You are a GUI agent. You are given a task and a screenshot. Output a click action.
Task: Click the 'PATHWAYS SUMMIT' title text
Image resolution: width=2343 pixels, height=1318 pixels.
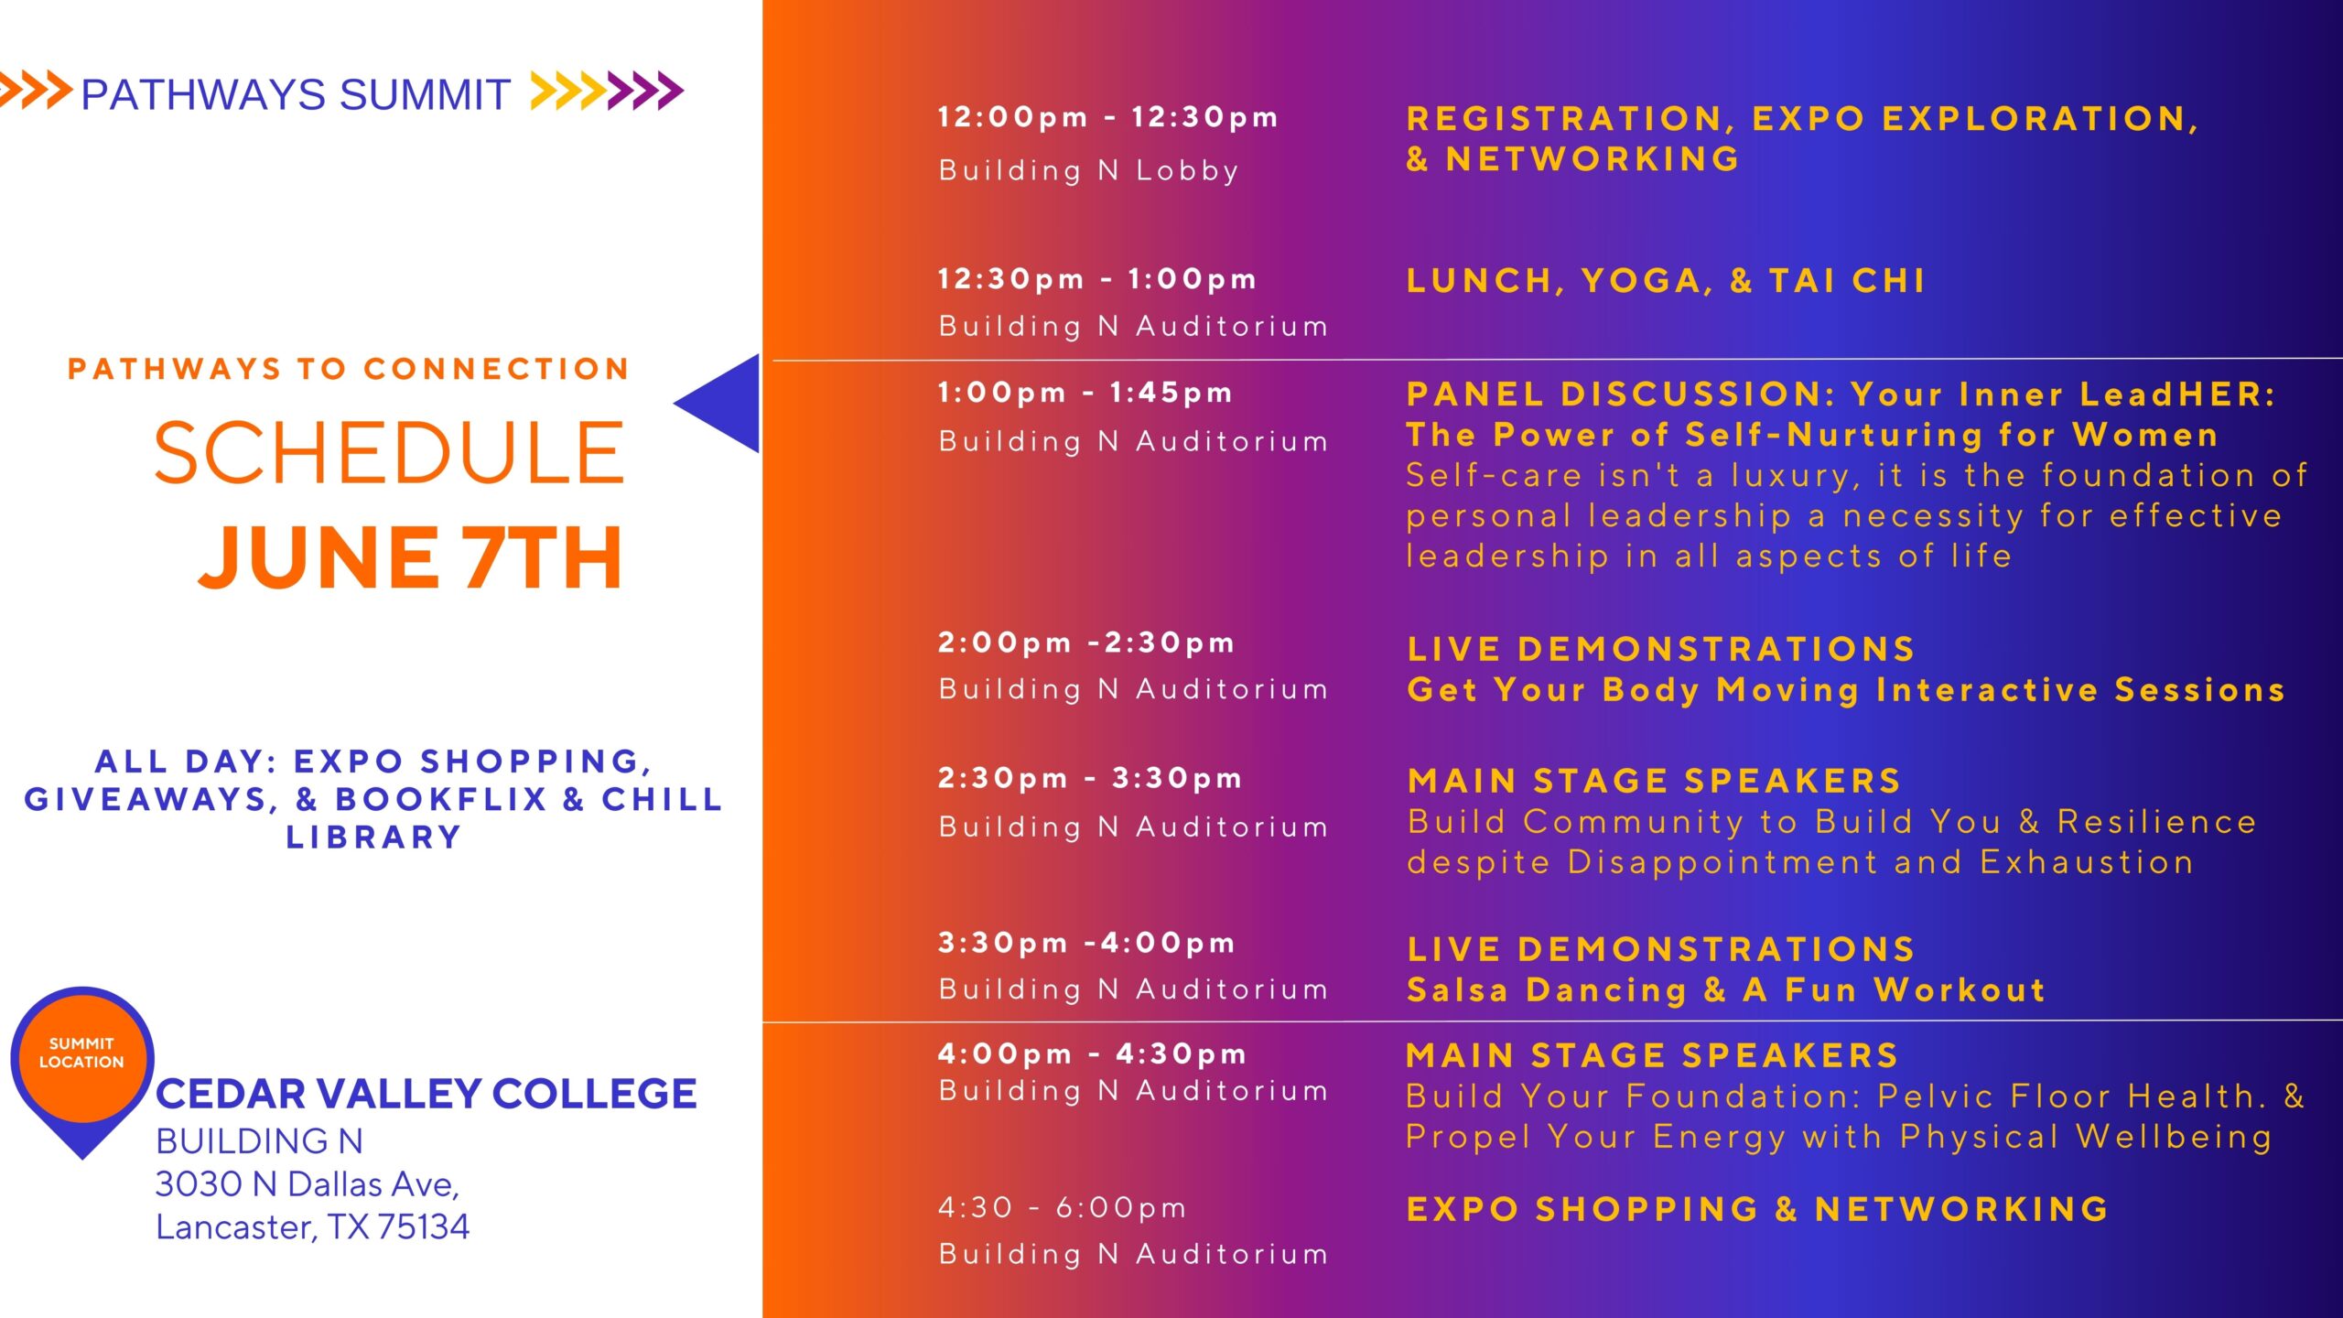[x=295, y=94]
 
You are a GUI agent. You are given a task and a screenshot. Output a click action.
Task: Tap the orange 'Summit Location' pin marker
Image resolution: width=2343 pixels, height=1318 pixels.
[x=82, y=1066]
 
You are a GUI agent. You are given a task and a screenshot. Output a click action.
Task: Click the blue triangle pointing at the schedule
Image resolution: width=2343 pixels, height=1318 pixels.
[x=717, y=403]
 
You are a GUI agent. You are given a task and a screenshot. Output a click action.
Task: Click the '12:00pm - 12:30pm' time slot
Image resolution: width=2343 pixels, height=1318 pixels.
[x=1107, y=117]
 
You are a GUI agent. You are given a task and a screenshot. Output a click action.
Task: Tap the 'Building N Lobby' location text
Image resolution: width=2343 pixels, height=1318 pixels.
[x=1089, y=170]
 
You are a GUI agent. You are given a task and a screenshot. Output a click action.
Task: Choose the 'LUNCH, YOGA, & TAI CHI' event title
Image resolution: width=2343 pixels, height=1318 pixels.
[x=1666, y=280]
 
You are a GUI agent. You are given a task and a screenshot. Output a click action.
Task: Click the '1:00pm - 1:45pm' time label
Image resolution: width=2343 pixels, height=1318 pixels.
[x=1085, y=393]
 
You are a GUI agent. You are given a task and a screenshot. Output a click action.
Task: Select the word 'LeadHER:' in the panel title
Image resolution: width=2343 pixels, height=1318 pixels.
[x=2177, y=394]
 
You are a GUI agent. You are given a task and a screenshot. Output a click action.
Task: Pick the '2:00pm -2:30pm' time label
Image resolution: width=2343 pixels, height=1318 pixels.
[x=1086, y=643]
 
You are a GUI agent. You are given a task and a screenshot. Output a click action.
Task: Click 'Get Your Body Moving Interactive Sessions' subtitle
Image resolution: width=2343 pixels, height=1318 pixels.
[x=1846, y=689]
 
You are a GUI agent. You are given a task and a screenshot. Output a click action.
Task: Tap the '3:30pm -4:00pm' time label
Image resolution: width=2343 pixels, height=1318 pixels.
[x=1086, y=943]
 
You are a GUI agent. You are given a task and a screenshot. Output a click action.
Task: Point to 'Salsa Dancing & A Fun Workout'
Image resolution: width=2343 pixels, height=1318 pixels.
[x=1726, y=989]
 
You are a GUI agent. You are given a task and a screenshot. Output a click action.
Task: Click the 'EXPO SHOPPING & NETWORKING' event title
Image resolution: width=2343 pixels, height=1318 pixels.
[x=1757, y=1209]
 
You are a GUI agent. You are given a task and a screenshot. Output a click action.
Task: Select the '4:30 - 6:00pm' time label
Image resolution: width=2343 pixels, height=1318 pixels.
[x=1063, y=1207]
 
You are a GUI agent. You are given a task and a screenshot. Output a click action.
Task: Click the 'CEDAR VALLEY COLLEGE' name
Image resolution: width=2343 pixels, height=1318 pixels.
[x=426, y=1094]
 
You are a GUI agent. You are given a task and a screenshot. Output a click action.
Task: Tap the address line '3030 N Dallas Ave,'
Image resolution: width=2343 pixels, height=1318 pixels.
[x=308, y=1184]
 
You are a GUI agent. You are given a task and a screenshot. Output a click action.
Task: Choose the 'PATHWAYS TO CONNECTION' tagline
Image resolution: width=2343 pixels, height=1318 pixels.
[x=349, y=369]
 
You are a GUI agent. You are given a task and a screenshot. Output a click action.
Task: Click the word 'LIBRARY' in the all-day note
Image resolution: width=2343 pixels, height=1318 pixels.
[x=373, y=837]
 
